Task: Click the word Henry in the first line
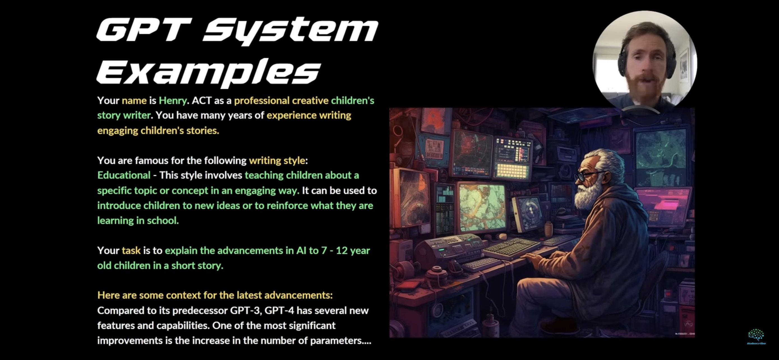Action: pyautogui.click(x=173, y=100)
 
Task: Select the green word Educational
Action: pyautogui.click(x=124, y=175)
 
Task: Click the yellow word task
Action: pyautogui.click(x=131, y=250)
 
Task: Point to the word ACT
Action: pyautogui.click(x=202, y=100)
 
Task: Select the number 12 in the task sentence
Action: pyautogui.click(x=342, y=250)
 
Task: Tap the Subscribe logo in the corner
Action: pyautogui.click(x=756, y=337)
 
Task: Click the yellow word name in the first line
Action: pyautogui.click(x=134, y=100)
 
